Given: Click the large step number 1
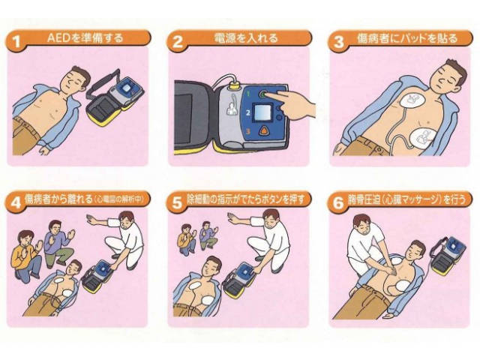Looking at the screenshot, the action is pos(16,40).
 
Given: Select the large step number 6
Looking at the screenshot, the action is pos(338,202).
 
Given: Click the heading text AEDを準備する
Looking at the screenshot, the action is pos(85,37).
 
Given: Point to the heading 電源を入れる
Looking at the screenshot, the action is pos(246,38).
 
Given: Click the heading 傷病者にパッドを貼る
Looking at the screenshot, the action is pos(407,38).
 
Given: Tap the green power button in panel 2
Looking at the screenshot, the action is pos(263,94).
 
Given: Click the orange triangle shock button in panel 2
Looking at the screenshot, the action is pos(263,130).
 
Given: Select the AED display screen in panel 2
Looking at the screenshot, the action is pos(263,112).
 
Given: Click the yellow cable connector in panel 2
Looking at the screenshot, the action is pos(235,84).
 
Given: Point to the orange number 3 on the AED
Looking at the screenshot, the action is pos(248,132).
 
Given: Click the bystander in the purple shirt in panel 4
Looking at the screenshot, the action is pos(59,242).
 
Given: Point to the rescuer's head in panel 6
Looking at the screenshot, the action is pos(363,225).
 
